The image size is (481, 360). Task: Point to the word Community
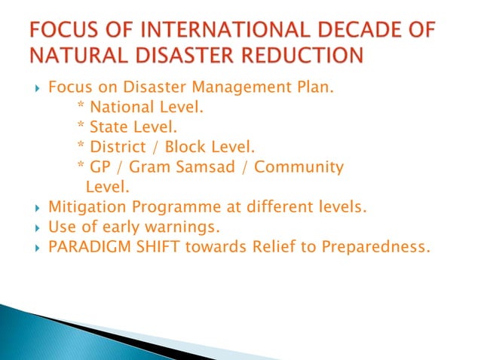pos(299,166)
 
